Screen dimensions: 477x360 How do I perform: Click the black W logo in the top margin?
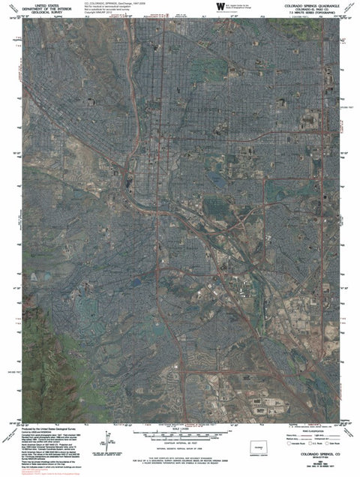click(x=219, y=7)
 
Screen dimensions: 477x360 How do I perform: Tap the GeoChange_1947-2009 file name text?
click(x=121, y=4)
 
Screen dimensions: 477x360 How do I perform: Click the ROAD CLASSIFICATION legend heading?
click(x=307, y=427)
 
